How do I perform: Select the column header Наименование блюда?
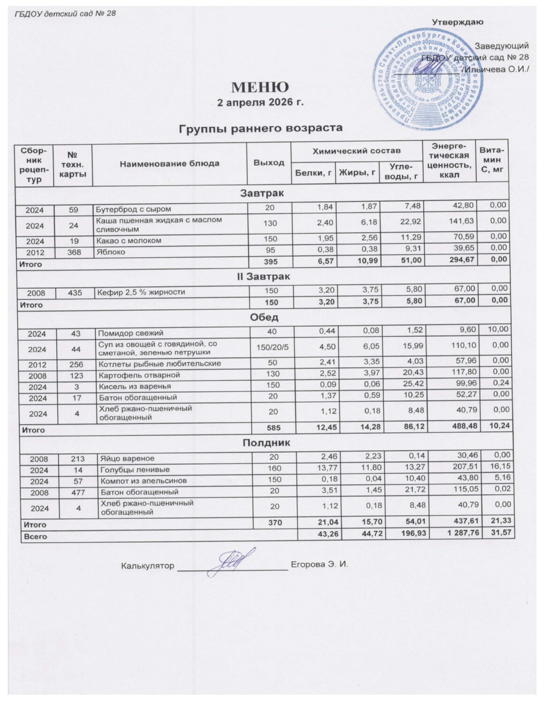coord(169,164)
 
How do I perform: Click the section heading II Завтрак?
coord(262,277)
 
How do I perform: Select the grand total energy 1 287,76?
coord(455,536)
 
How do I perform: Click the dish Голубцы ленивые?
coord(127,469)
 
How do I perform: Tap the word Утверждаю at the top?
coord(458,22)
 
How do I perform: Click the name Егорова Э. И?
coord(319,565)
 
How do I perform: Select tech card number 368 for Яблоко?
coord(74,252)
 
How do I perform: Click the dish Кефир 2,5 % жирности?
coord(141,292)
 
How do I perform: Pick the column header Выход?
coord(269,163)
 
